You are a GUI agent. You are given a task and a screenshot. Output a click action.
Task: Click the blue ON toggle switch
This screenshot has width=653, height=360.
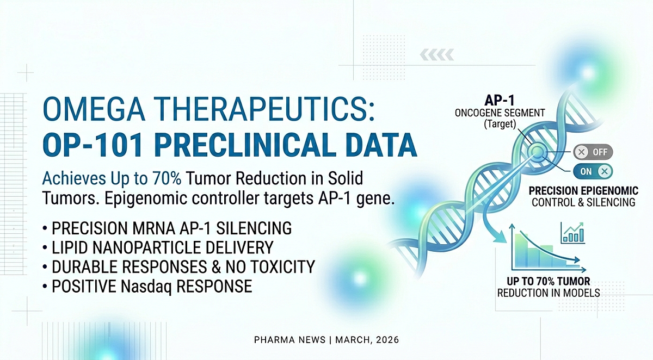(592, 171)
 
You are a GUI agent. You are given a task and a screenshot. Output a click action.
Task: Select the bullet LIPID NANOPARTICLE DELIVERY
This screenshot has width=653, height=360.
(162, 248)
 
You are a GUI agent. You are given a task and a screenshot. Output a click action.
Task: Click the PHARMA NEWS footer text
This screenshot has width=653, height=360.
(289, 340)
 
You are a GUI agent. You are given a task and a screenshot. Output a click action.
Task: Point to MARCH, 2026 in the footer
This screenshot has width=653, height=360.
(367, 340)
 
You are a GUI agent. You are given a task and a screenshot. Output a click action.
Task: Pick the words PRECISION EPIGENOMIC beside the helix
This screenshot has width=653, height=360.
(583, 191)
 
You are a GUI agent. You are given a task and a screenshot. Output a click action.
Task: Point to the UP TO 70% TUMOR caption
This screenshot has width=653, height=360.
(547, 282)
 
